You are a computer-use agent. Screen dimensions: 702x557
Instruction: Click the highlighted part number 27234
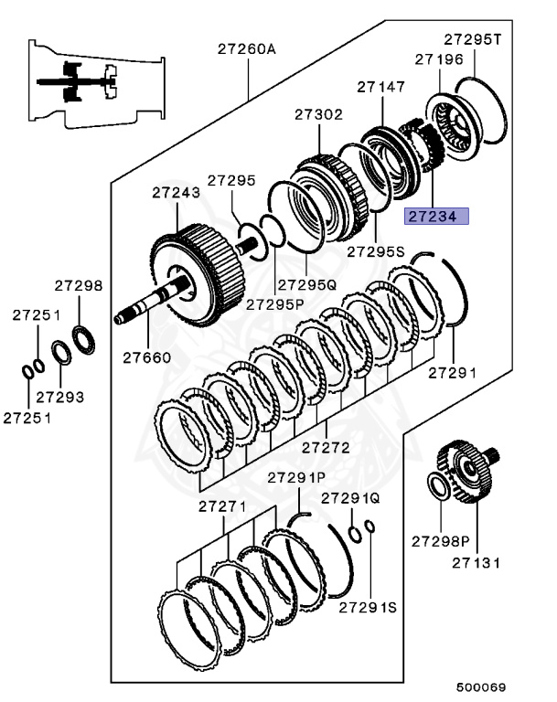(x=436, y=217)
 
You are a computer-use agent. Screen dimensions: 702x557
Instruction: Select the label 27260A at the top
(x=245, y=49)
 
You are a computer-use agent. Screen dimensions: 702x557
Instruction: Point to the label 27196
(x=438, y=58)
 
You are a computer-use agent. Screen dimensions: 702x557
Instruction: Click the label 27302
(x=318, y=115)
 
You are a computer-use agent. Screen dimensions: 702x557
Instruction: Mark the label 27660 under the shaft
(x=146, y=356)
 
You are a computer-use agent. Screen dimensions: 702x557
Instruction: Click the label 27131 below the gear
(x=476, y=562)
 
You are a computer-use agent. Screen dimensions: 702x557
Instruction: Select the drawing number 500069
(x=481, y=686)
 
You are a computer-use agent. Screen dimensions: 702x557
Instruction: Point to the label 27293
(x=60, y=397)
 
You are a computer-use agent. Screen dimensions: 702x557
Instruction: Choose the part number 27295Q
(x=306, y=284)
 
